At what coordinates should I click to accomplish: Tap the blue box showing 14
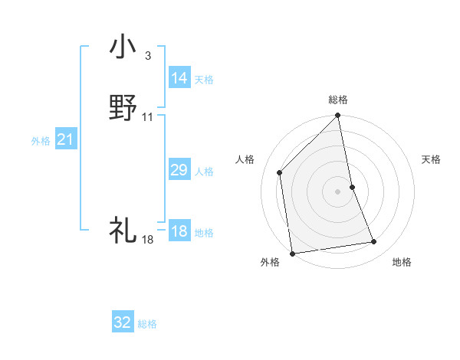coord(179,78)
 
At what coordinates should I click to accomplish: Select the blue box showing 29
coord(179,170)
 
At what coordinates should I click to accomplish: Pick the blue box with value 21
coord(66,139)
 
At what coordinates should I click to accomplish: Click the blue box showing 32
coord(123,322)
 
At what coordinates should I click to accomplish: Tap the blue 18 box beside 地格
coord(179,231)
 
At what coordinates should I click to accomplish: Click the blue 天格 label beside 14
coord(204,80)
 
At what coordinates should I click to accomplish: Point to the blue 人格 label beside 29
coord(204,172)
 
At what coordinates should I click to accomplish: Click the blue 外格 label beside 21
coord(41,141)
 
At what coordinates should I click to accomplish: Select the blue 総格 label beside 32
coord(147,324)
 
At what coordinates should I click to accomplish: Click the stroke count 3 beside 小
coord(147,56)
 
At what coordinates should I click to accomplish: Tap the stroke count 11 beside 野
coord(148,117)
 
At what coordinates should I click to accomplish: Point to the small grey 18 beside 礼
coord(148,240)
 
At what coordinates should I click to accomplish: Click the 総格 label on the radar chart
coord(338,100)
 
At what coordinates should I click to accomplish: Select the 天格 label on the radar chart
coord(431,159)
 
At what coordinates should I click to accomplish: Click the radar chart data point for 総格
coord(338,116)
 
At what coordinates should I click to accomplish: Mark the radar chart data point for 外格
coord(292,253)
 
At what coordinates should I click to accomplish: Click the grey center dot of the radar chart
coord(338,191)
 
